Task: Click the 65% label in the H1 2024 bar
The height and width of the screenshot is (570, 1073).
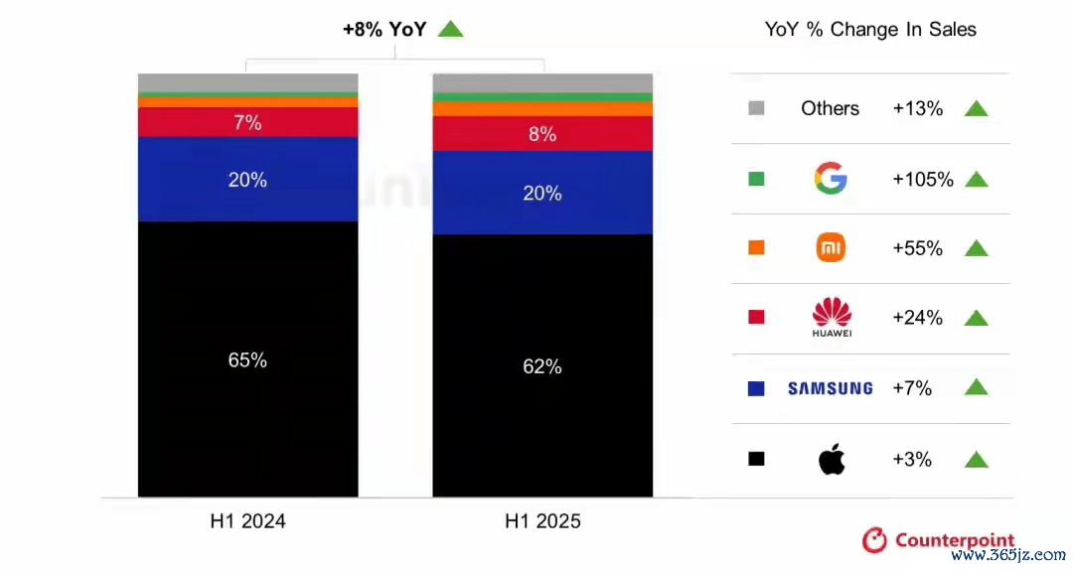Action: (x=247, y=360)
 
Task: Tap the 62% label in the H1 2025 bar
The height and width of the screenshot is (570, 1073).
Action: (x=542, y=366)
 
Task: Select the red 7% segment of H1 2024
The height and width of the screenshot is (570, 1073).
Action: (x=247, y=123)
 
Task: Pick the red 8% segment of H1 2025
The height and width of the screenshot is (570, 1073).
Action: (x=542, y=134)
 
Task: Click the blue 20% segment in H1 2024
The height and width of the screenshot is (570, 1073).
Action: (x=247, y=180)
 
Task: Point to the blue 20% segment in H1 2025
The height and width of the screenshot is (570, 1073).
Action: (x=542, y=194)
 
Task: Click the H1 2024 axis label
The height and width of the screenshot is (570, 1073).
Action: (x=247, y=521)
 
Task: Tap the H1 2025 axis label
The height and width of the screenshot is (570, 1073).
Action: (x=542, y=521)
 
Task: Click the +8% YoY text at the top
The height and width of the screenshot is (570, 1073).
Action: (x=384, y=30)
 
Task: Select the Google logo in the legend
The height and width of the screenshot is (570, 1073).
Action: (x=831, y=179)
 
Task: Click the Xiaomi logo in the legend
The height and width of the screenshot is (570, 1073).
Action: (x=831, y=248)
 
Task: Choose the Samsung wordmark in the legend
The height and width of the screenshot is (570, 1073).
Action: (x=831, y=388)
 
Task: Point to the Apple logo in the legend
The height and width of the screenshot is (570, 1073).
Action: (x=831, y=459)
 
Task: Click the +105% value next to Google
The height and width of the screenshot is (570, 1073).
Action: (x=923, y=180)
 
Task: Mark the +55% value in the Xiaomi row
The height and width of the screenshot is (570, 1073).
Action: (x=918, y=249)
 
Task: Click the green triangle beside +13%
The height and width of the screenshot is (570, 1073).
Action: (x=977, y=109)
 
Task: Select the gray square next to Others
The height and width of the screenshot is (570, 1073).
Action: (x=756, y=108)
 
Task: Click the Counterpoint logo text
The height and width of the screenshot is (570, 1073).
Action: (x=954, y=540)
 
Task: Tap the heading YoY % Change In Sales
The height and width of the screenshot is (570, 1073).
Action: (x=870, y=30)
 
